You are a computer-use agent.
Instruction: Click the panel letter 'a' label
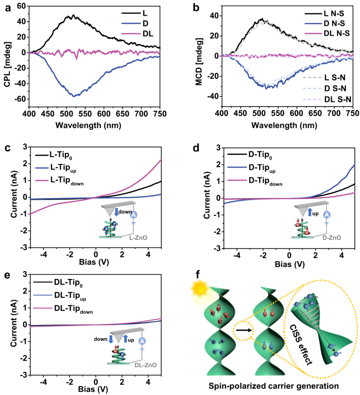(5, 6)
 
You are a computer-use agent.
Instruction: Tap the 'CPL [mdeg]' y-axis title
(7, 53)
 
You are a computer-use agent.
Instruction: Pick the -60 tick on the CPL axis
(21, 99)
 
